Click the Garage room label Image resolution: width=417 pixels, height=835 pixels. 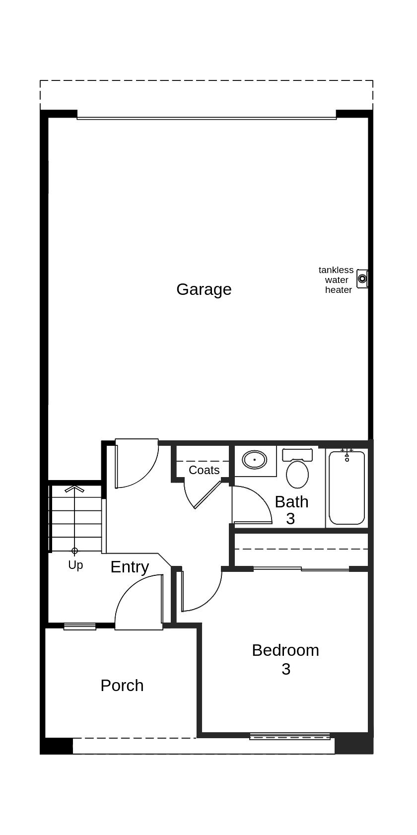pyautogui.click(x=204, y=289)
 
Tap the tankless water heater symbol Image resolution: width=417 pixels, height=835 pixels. pyautogui.click(x=362, y=278)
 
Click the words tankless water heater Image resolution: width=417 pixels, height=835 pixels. pyautogui.click(x=336, y=280)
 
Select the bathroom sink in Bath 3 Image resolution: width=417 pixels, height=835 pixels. pyautogui.click(x=255, y=460)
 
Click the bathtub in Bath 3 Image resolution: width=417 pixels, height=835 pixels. pyautogui.click(x=347, y=489)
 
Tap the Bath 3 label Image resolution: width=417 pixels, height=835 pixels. pyautogui.click(x=291, y=510)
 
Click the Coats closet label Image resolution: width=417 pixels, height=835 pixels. pyautogui.click(x=204, y=470)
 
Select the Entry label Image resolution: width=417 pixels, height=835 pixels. pyautogui.click(x=130, y=567)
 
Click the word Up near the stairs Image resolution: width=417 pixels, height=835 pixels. pyautogui.click(x=75, y=565)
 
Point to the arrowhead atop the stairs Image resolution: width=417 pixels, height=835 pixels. pyautogui.click(x=74, y=489)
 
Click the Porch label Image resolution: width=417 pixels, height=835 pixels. pyautogui.click(x=122, y=686)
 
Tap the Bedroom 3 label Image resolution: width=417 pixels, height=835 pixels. pyautogui.click(x=285, y=659)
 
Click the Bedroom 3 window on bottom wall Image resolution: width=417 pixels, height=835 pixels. pyautogui.click(x=290, y=737)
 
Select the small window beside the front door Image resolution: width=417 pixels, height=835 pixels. pyautogui.click(x=80, y=626)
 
